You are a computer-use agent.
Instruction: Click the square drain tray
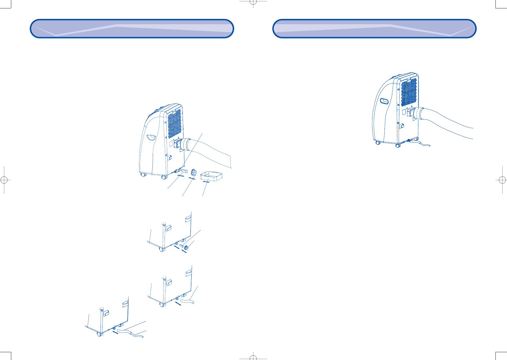(x=211, y=176)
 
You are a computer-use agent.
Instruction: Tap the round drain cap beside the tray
(x=193, y=173)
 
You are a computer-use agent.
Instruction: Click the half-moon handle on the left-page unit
(x=151, y=137)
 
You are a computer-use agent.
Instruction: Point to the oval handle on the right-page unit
(x=385, y=101)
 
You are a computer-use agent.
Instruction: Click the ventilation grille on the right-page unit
(x=409, y=92)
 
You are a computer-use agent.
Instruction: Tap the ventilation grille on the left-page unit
(x=174, y=123)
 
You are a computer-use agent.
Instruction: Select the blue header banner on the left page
(x=132, y=29)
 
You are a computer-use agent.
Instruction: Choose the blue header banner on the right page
(x=374, y=29)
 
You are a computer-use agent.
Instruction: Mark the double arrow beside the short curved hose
(x=178, y=303)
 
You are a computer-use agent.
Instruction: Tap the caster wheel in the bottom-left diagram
(x=100, y=334)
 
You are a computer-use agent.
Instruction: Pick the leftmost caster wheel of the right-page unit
(x=378, y=143)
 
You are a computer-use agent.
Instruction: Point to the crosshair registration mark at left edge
(x=4, y=180)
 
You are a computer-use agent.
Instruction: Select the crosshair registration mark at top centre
(x=253, y=3)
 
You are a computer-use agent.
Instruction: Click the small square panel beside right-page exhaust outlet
(x=404, y=112)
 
